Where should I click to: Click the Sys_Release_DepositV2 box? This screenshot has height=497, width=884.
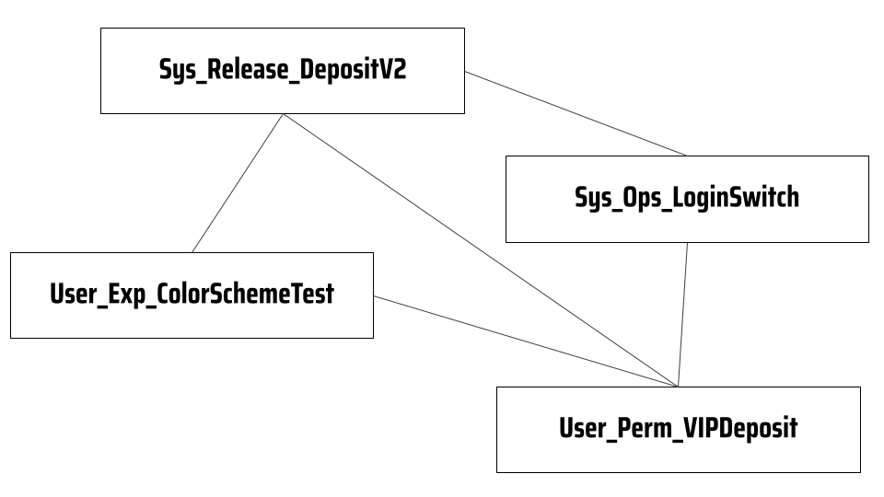[283, 71]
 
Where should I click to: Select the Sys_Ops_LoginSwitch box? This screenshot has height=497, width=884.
[687, 200]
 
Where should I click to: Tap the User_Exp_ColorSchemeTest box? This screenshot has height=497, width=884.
[192, 295]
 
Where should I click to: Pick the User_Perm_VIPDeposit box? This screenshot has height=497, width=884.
[679, 430]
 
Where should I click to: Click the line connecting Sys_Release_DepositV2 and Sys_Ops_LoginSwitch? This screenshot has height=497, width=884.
[576, 114]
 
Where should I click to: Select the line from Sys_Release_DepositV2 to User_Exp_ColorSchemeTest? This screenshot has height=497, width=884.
[238, 183]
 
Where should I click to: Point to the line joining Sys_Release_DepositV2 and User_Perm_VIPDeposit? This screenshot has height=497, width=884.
[481, 250]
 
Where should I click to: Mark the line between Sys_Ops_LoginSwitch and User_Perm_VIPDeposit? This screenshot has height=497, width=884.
[682, 315]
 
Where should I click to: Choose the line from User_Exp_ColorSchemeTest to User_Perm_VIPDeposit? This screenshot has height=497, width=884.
[526, 341]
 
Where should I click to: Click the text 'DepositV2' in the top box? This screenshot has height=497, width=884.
[353, 70]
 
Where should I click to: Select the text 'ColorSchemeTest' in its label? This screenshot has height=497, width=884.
[245, 294]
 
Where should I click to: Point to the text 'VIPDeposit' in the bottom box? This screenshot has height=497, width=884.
[740, 428]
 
